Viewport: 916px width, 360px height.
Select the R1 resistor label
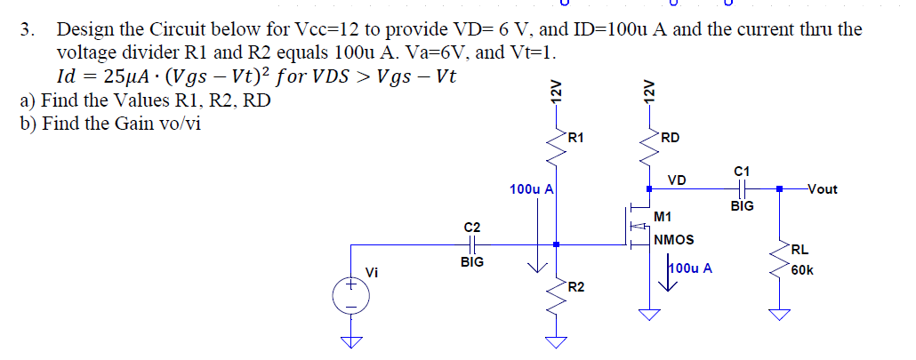tap(576, 137)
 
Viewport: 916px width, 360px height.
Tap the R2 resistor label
tap(576, 286)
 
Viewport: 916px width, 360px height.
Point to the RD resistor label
tap(671, 137)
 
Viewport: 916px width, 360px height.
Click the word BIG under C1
tap(742, 206)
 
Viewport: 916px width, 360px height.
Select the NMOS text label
tap(673, 239)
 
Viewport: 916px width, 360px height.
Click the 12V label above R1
tap(555, 92)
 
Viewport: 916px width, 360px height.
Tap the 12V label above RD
tap(649, 92)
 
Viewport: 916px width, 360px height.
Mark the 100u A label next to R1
tap(532, 189)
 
